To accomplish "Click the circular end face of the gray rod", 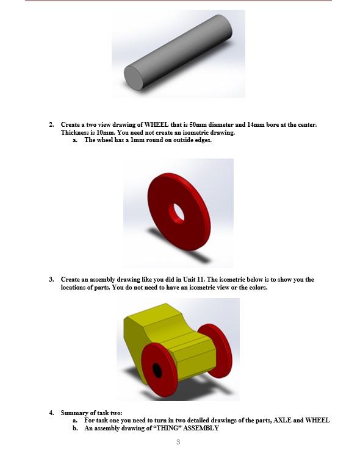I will click(134, 78).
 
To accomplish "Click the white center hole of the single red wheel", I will click(178, 212).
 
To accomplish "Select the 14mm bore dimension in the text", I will click(253, 125).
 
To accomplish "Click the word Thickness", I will click(74, 132).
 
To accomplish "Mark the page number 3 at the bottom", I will click(178, 441).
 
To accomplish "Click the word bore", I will click(273, 125).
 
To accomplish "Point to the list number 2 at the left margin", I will click(51, 125).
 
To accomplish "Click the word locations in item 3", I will click(74, 288).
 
